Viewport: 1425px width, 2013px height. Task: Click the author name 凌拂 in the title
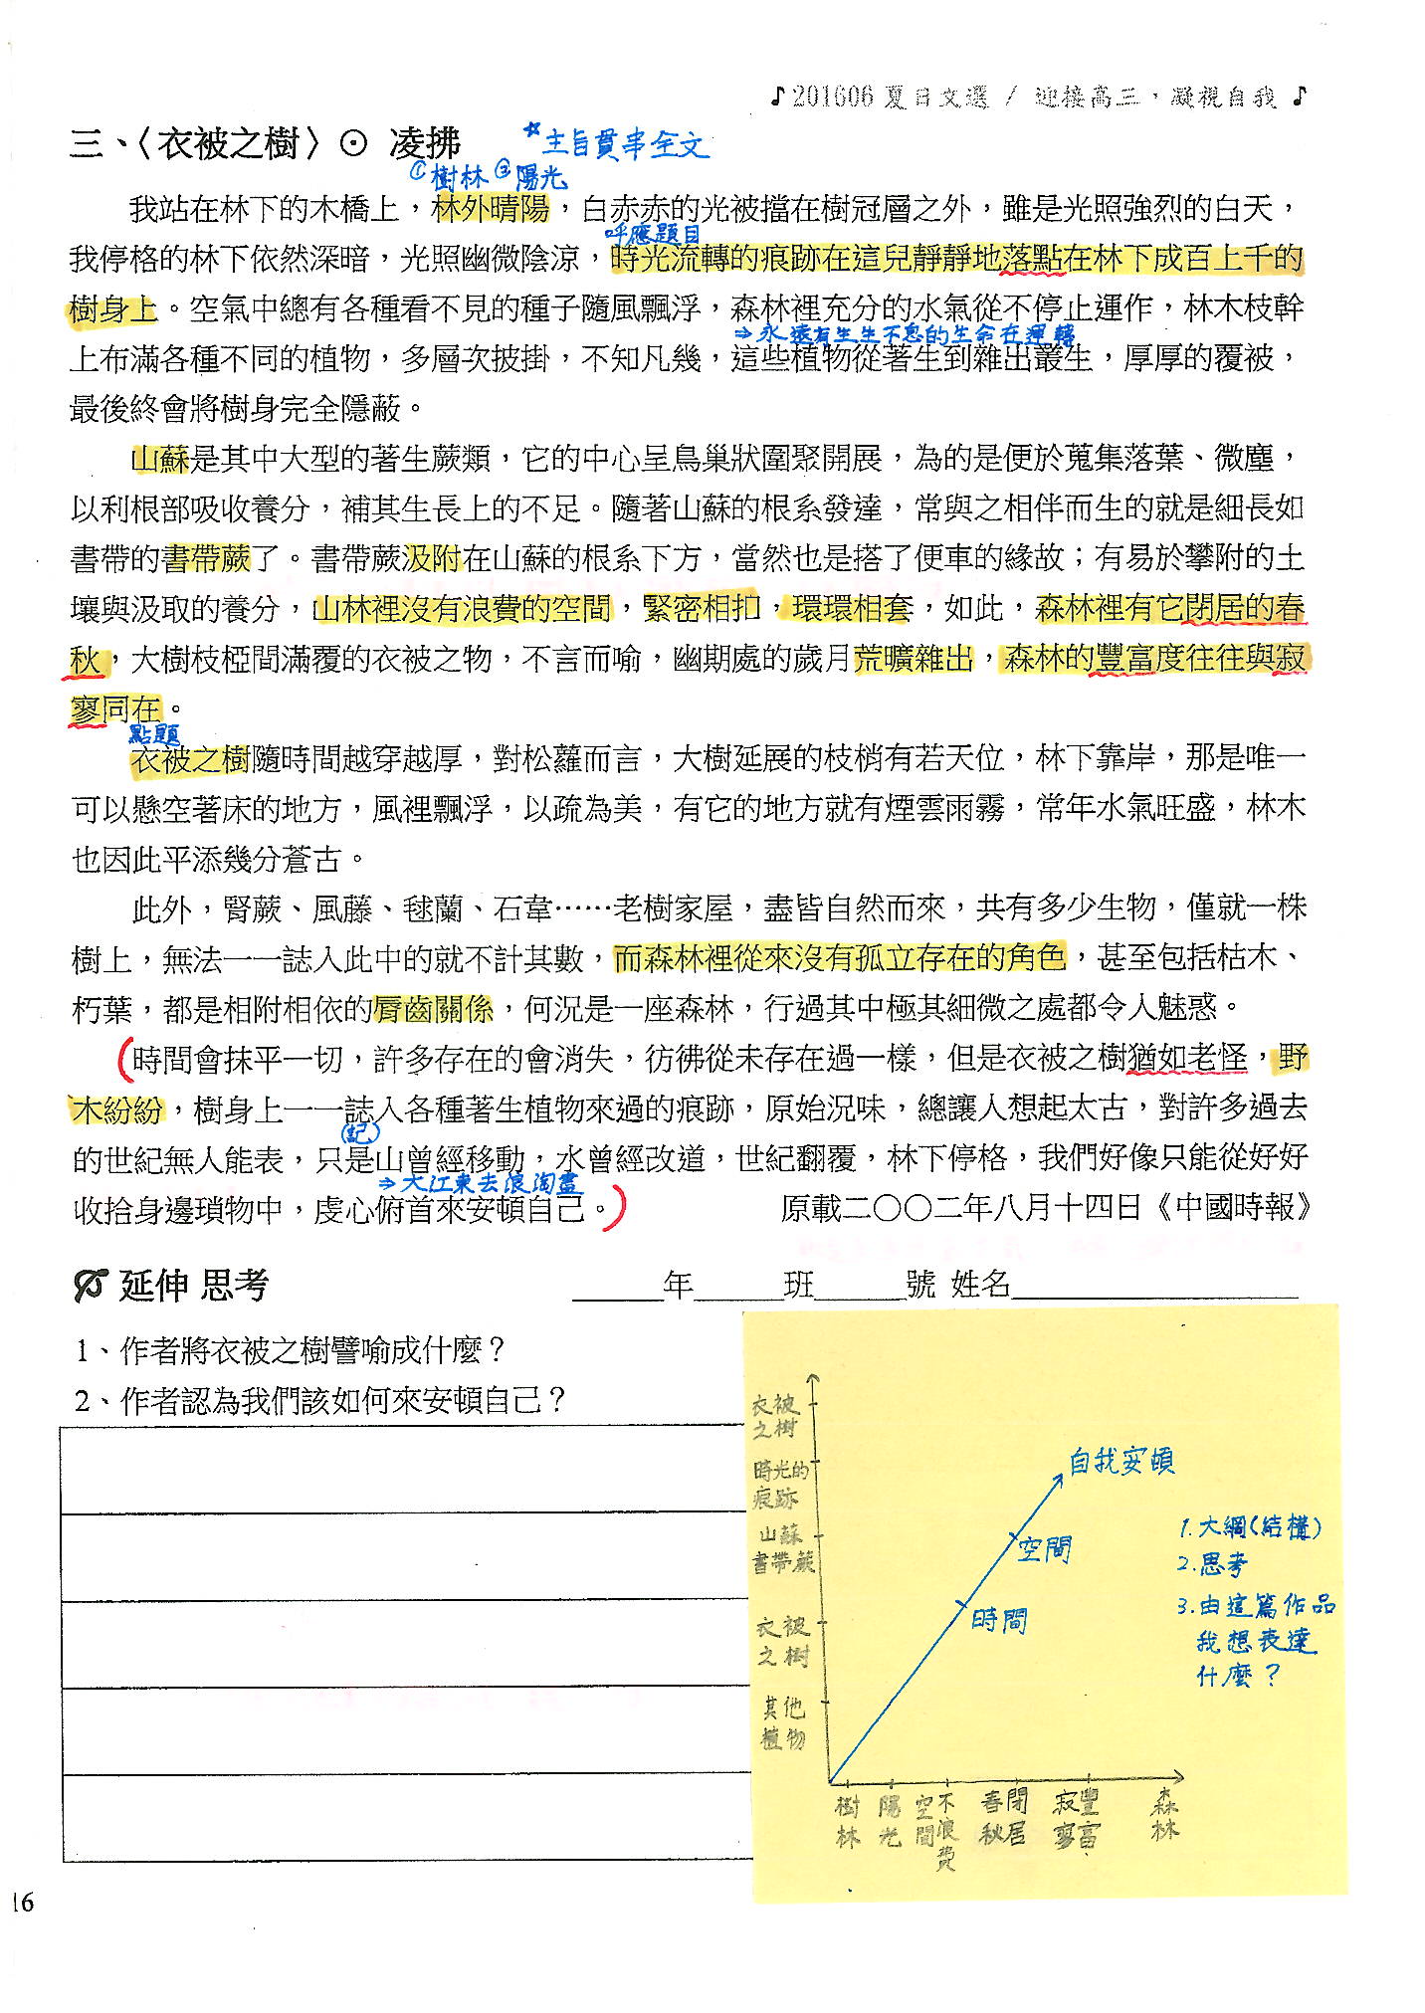click(424, 145)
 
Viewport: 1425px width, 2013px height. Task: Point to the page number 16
click(21, 1903)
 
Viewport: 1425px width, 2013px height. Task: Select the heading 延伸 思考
click(194, 1286)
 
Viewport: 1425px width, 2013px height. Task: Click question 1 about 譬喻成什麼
click(291, 1350)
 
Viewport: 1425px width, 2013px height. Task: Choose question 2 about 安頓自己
click(320, 1401)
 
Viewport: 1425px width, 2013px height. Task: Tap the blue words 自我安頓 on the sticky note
click(1120, 1461)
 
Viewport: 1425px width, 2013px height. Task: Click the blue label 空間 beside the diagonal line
click(1043, 1548)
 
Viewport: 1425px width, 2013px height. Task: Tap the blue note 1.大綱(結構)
click(1249, 1527)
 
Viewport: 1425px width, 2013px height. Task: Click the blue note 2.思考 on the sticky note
click(1212, 1564)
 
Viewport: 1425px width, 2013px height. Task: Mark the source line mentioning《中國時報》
click(1046, 1207)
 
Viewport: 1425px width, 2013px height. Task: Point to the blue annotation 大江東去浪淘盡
click(484, 1183)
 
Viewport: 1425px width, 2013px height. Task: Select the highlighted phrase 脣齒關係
click(433, 1009)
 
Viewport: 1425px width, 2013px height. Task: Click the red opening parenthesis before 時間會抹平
click(123, 1059)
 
